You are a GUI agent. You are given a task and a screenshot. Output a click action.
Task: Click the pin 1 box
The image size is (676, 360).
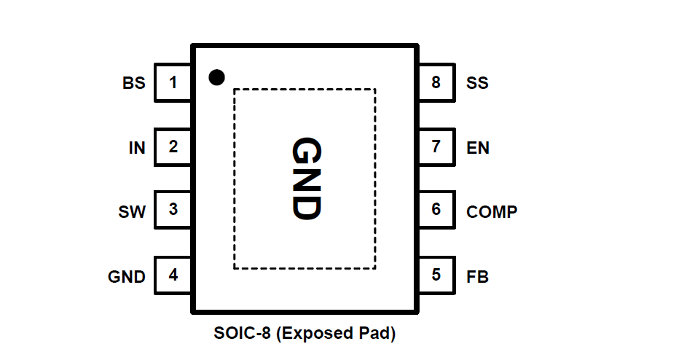(173, 82)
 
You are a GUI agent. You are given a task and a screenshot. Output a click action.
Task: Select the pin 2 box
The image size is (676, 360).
(173, 147)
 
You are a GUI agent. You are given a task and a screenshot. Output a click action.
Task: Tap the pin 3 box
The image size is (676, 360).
(173, 210)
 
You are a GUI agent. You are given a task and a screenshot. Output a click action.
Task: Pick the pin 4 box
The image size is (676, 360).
(173, 275)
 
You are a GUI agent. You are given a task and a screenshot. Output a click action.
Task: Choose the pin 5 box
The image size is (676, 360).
(436, 275)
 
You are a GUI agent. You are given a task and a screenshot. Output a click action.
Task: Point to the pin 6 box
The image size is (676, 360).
(436, 210)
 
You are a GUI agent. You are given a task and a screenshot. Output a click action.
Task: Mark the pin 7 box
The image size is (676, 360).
(436, 147)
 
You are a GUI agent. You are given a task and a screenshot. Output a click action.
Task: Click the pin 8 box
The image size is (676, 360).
(436, 82)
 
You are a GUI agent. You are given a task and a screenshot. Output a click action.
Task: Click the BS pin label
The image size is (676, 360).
(134, 83)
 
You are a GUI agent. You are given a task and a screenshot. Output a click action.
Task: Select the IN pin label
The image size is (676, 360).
(137, 148)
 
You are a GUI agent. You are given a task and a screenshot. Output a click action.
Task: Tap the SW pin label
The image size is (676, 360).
(132, 213)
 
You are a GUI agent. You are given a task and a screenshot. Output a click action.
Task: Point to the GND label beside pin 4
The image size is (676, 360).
(127, 277)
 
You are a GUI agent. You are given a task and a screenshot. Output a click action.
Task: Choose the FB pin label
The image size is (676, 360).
(477, 277)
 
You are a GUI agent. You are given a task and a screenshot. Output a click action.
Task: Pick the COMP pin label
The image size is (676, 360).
(492, 213)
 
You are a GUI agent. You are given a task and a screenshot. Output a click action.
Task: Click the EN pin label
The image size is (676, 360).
(478, 148)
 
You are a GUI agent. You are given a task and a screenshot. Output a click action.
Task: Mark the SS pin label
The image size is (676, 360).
(477, 83)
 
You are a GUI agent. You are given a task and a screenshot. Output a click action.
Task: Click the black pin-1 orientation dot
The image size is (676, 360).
(216, 77)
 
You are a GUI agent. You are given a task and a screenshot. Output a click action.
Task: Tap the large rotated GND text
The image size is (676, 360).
(305, 179)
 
